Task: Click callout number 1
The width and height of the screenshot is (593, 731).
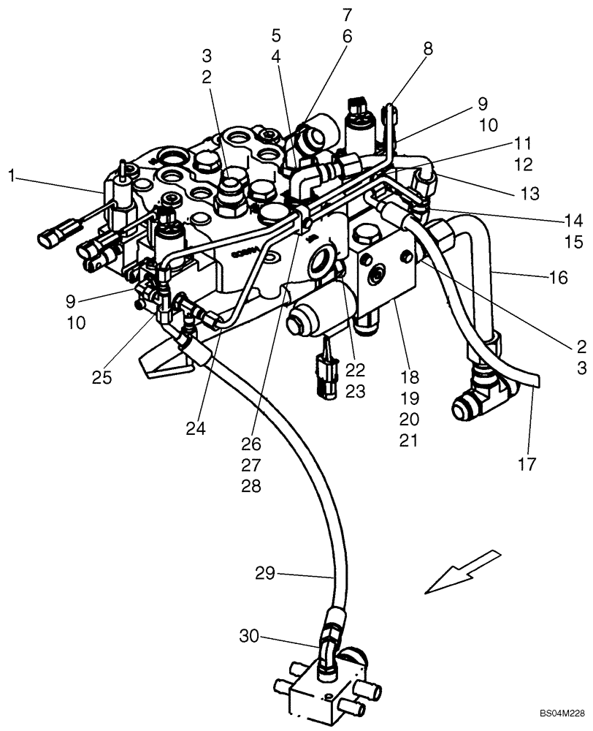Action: point(11,175)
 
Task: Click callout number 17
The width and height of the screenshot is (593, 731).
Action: point(527,463)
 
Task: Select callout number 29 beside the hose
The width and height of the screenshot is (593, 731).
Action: point(265,574)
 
